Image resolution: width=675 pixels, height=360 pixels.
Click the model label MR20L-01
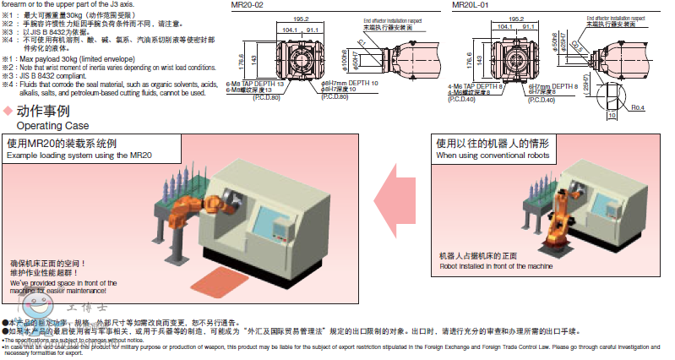pos(471,4)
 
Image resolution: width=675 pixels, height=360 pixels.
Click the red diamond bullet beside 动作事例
pos(8,111)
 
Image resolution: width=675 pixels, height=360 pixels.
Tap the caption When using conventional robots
pos(493,155)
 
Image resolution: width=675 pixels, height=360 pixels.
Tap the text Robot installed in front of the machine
pos(496,265)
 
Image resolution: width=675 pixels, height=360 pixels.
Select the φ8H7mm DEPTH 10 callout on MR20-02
pos(348,84)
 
